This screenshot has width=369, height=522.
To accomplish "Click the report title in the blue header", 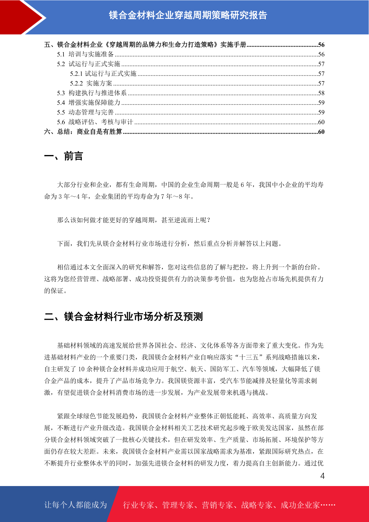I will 188,15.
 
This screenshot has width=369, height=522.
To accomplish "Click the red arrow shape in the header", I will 23,17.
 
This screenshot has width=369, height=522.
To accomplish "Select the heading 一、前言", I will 64,156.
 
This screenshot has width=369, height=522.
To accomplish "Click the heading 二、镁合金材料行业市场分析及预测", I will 123,316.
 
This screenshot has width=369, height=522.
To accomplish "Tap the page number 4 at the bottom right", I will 322,476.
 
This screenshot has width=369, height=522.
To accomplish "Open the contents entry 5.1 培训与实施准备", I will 85,54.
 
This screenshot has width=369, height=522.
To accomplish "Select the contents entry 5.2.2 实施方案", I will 91,83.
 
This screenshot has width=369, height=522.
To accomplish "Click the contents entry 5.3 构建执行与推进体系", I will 92,93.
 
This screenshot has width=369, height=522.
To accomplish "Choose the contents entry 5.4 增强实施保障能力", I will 89,103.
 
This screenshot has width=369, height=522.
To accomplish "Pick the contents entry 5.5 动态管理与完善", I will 85,112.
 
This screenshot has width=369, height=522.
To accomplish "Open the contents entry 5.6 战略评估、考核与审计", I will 95,122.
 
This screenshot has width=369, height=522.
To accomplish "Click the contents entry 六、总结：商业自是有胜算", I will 83,132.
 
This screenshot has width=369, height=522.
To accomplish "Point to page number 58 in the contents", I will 321,93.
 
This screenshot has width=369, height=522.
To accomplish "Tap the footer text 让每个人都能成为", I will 76,505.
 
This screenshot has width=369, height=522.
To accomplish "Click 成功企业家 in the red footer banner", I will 300,505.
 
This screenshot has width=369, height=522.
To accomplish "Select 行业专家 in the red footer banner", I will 138,505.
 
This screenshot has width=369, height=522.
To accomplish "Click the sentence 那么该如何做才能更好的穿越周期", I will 134,220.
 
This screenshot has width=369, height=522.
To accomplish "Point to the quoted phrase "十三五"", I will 249,357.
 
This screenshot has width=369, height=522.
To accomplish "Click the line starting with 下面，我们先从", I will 169,244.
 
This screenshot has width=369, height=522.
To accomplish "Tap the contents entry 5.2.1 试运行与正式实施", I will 103,74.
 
